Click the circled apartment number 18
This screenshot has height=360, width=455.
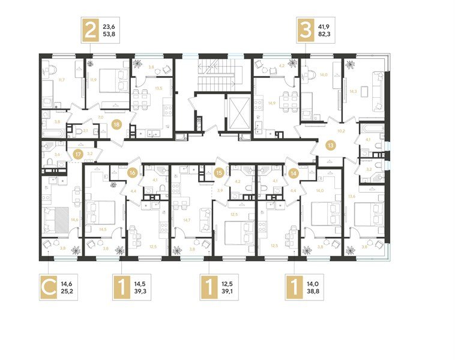click(x=116, y=124)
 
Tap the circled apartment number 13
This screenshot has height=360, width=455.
click(x=331, y=145)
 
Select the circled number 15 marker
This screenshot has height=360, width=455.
click(x=219, y=172)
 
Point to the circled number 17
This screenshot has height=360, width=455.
click(x=77, y=154)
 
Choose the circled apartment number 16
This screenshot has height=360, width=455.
click(x=133, y=172)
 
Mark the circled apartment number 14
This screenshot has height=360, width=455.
click(x=294, y=172)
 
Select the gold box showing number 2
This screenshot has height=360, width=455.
click(x=91, y=30)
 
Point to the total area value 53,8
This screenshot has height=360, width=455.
click(x=110, y=35)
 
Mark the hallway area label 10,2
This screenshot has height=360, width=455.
click(x=341, y=130)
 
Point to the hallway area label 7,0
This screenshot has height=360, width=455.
click(x=100, y=118)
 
